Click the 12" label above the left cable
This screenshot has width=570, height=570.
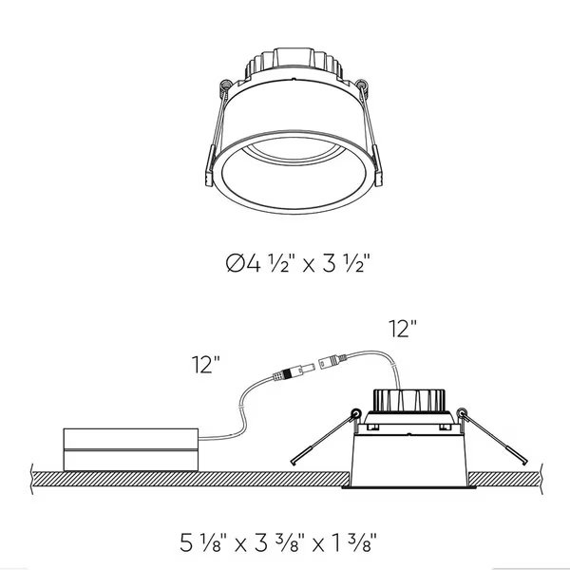[x=204, y=363]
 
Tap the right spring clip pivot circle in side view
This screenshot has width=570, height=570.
[x=462, y=414]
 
